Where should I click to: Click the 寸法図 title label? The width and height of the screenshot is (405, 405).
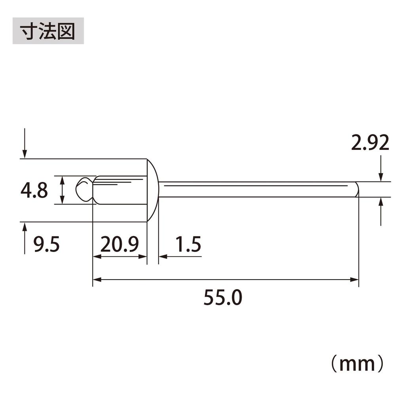pos(48,30)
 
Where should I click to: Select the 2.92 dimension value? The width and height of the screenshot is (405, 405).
pos(370,143)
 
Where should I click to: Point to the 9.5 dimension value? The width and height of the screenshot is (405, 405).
pos(46,245)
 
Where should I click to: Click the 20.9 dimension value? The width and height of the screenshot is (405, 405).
pos(119,245)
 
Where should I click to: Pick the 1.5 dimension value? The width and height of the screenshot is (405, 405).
pos(188,245)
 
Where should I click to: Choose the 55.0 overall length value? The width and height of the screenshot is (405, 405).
pos(222,298)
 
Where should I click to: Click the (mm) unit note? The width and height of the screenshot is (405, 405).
pos(357,363)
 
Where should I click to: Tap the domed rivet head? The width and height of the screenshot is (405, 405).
pos(153,190)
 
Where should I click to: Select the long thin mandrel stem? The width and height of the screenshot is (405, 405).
pos(257,189)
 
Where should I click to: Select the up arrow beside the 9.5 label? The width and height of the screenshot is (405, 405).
pos(25,237)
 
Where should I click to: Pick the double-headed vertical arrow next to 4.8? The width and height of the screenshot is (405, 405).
pos(62,190)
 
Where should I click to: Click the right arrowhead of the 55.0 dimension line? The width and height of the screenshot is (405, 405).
pos(355,280)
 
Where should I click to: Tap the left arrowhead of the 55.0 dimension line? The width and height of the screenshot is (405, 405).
pos(96,280)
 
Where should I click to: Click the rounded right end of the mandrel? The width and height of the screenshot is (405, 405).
pos(357,189)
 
